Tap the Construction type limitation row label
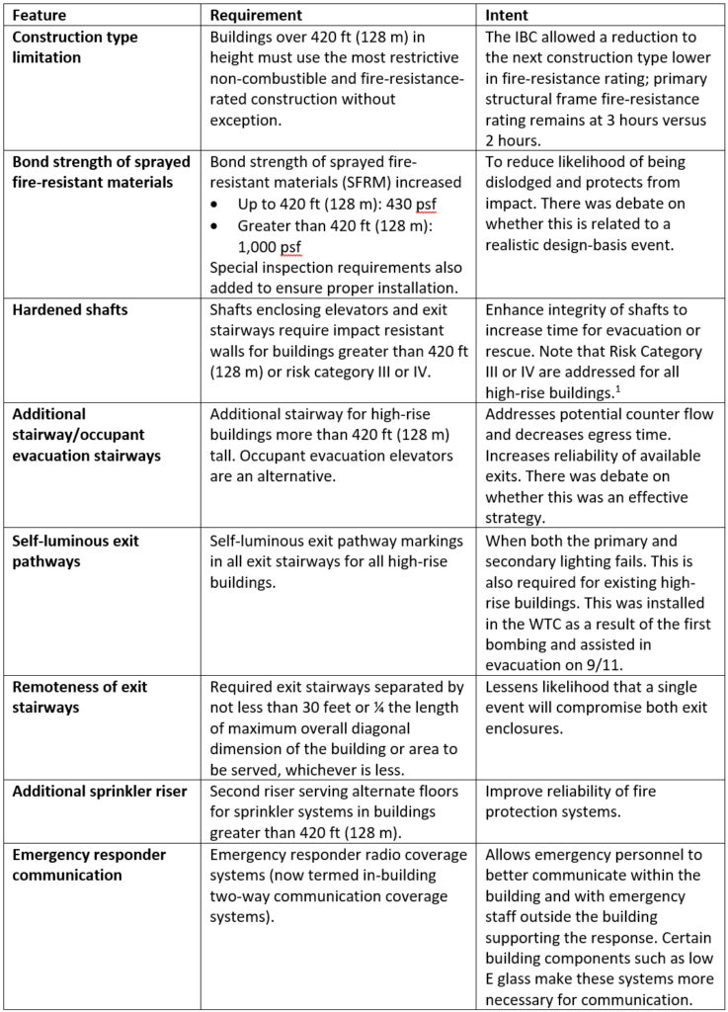pos(74,47)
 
